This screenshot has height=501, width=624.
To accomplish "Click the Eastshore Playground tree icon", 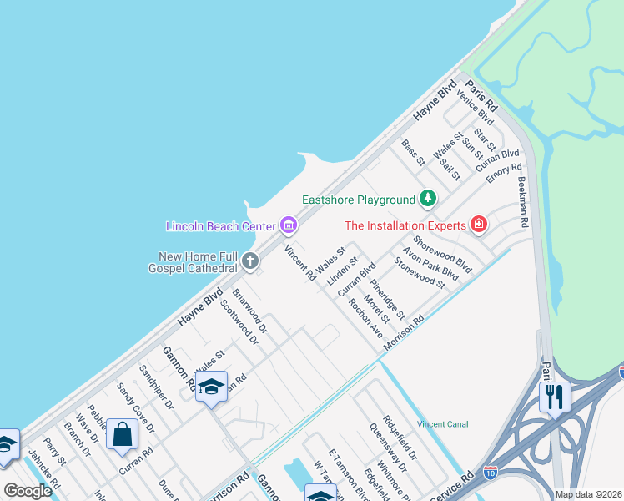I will (428, 198).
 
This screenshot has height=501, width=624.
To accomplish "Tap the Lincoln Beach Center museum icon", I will (289, 225).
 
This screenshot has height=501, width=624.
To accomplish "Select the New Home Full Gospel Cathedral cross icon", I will (249, 261).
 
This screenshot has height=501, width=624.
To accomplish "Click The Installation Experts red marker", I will (478, 224).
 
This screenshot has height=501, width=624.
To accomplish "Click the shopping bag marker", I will (123, 434).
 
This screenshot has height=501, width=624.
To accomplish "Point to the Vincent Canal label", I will (443, 424).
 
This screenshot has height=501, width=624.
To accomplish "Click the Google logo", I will (27, 491).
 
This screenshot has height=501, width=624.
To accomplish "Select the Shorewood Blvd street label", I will (442, 254).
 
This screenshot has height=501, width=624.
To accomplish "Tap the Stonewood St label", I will (420, 272).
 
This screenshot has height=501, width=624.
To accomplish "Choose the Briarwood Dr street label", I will (249, 310).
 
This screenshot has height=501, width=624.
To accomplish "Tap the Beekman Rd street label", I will (523, 203).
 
